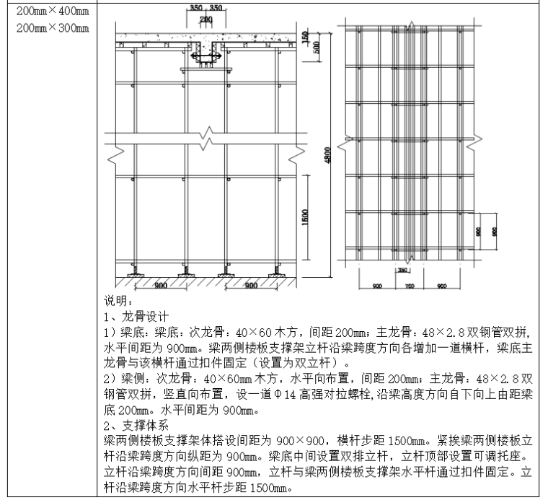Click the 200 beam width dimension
(x=207, y=18)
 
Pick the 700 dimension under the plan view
(x=408, y=286)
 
